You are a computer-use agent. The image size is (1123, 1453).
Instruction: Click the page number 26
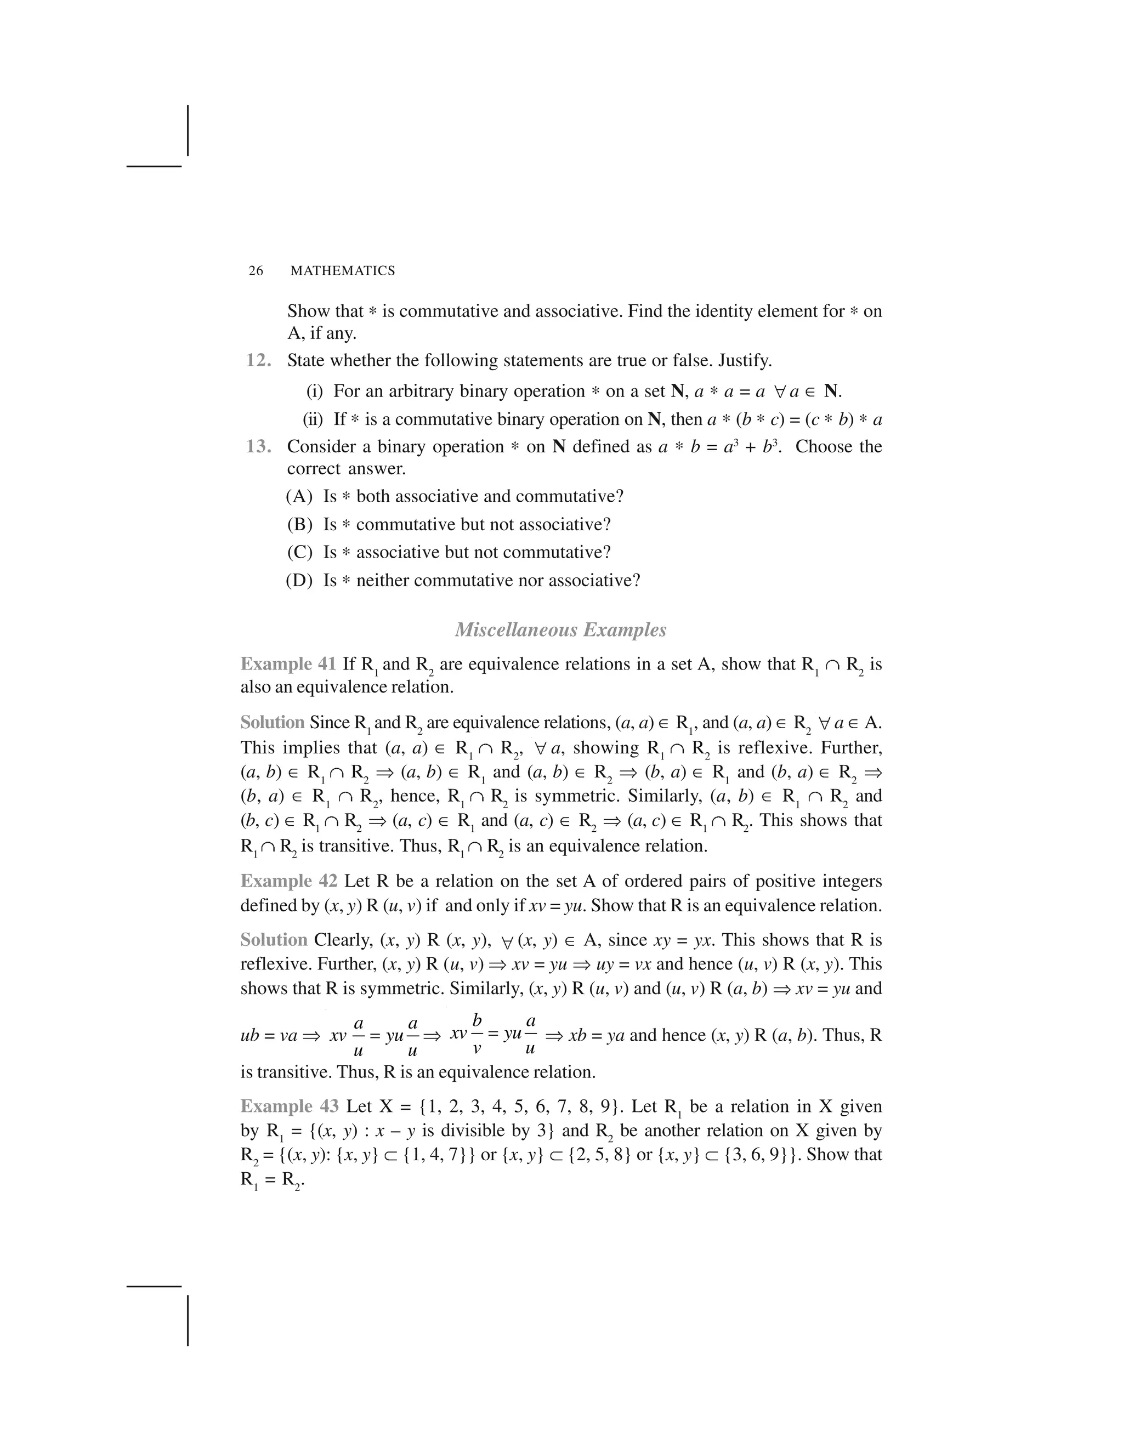256,271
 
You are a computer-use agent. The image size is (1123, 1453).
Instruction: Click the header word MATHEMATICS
342,271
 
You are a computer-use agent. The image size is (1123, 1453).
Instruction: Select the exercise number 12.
259,361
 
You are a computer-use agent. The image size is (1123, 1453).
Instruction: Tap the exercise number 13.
259,446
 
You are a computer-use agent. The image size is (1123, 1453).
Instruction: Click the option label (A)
299,496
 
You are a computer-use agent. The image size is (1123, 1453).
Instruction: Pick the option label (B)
299,524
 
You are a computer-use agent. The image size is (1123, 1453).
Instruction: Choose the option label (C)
299,552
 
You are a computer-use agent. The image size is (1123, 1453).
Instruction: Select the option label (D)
299,580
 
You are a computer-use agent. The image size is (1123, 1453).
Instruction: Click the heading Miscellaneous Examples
560,629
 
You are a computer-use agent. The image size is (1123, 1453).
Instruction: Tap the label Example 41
288,664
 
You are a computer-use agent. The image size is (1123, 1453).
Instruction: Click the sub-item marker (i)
315,391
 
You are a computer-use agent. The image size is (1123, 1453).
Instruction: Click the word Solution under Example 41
272,723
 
